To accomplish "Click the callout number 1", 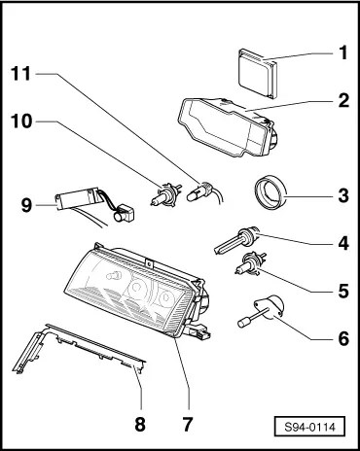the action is (343, 52).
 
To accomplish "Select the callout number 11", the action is (21, 74).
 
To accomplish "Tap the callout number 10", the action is (21, 121).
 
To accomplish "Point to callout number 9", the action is (27, 205).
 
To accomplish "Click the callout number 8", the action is (140, 424).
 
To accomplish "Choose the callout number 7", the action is (188, 424).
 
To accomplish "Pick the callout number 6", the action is (343, 339).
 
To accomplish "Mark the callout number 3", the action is (343, 195).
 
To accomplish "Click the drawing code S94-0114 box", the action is (309, 427).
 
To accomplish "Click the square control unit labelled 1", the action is (259, 73).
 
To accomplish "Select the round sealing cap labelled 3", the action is (270, 193).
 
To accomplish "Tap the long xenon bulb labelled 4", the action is (236, 240).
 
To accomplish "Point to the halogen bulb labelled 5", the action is (250, 263).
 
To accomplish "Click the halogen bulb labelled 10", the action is (166, 193).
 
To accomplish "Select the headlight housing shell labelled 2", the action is (227, 127).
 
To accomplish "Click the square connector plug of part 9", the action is (124, 214).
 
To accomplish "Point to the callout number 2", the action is (343, 101).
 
